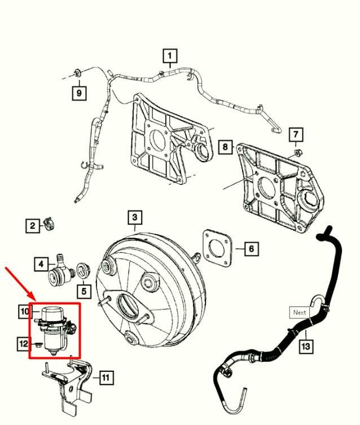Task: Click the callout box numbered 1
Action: [170, 56]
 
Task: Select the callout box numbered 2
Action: [33, 226]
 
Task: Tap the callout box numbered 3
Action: [134, 217]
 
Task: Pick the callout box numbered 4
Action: [41, 263]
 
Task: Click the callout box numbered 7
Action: [296, 134]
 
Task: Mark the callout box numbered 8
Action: [226, 147]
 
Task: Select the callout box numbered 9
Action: [79, 92]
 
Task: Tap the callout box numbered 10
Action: [25, 311]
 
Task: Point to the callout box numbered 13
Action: [305, 345]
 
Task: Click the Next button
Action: [300, 312]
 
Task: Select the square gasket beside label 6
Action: [216, 246]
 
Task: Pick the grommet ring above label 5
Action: [82, 269]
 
